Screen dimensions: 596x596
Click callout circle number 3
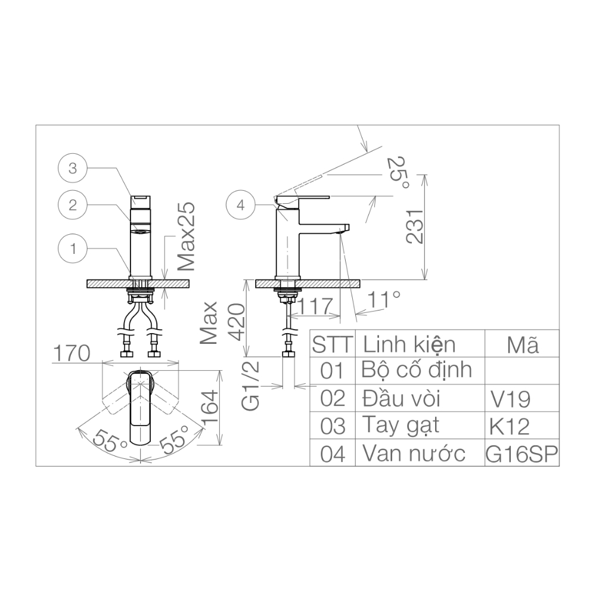[x=73, y=169]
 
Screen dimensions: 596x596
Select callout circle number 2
[x=73, y=205]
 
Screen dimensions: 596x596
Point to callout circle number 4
[x=241, y=206]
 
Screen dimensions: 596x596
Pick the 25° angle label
[x=398, y=173]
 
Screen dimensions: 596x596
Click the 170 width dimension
[x=71, y=353]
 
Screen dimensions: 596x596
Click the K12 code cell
[x=509, y=426]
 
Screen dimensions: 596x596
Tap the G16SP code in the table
[x=522, y=454]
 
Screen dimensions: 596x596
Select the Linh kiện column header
[x=409, y=344]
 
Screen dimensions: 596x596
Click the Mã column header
[x=522, y=344]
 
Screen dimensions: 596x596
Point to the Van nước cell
[x=414, y=454]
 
